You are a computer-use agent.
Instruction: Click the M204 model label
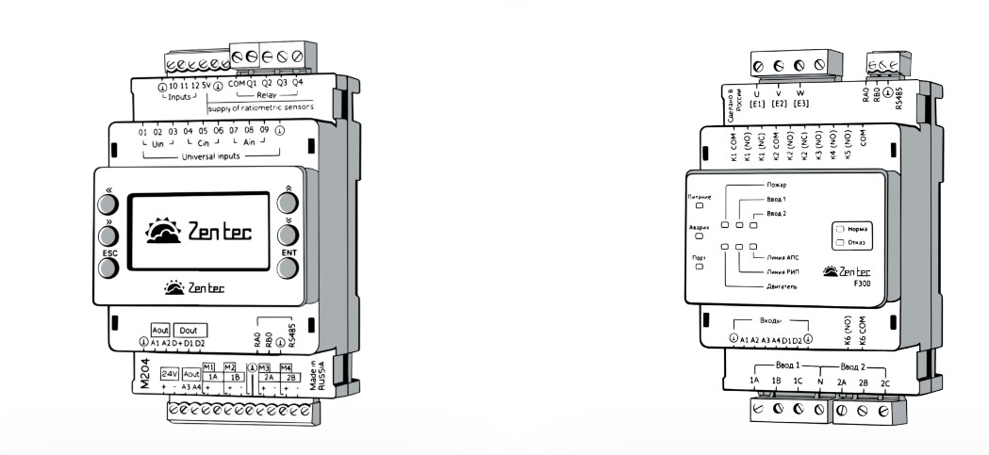click(x=144, y=378)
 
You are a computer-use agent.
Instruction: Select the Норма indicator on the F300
click(x=853, y=229)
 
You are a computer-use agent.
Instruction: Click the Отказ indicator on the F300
click(x=853, y=242)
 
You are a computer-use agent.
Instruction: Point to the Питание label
click(x=699, y=197)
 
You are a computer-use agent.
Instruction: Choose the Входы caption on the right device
click(x=770, y=321)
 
